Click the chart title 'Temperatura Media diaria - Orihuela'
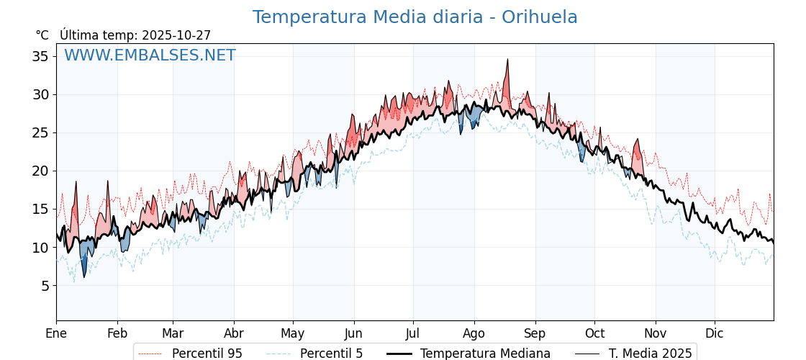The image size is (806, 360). [x=415, y=17]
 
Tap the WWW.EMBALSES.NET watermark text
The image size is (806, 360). [x=150, y=55]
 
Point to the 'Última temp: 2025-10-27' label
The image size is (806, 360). [x=135, y=35]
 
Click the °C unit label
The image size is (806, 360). [x=42, y=35]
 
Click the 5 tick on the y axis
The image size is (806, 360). [x=45, y=286]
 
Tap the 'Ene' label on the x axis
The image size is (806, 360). [x=56, y=333]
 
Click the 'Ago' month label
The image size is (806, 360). [x=474, y=333]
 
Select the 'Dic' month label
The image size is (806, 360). [x=715, y=333]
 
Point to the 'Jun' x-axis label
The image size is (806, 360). [x=353, y=333]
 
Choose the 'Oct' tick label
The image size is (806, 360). [x=594, y=333]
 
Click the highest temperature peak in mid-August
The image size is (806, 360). [x=507, y=60]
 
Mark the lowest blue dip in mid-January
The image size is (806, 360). [x=84, y=276]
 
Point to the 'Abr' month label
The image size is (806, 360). [x=233, y=333]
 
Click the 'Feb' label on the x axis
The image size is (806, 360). [x=117, y=333]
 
